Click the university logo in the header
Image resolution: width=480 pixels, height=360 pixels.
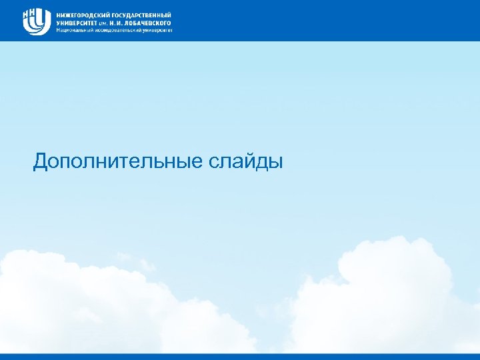(37, 21)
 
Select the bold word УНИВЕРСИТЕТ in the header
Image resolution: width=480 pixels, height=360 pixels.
(75, 22)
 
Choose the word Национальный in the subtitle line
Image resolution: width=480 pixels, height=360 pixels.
(73, 30)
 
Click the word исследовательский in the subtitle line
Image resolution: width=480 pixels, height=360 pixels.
(117, 30)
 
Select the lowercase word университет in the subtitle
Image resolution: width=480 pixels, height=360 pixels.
(157, 30)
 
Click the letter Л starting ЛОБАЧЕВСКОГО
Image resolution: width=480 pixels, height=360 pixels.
(123, 22)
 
